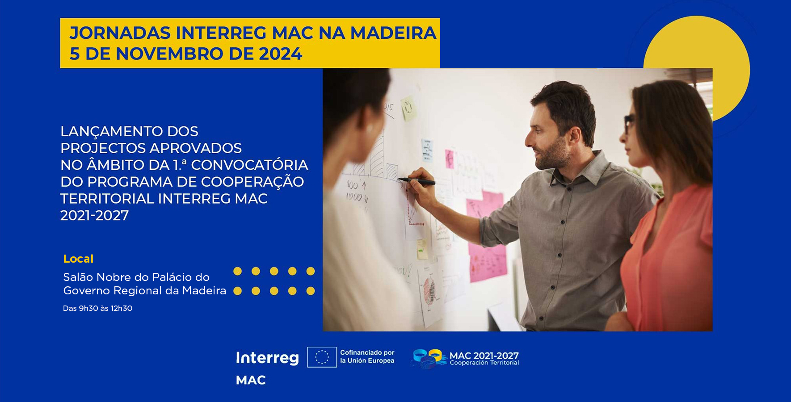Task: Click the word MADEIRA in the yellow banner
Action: point(393,33)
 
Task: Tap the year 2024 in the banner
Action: point(280,54)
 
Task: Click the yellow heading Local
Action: point(78,259)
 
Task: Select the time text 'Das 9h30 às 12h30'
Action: point(97,308)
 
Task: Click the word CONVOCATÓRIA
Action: point(249,165)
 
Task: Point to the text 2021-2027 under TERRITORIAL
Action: point(94,216)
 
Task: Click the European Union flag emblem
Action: point(322,357)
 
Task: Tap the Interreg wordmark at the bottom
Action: point(267,358)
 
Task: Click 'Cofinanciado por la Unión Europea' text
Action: point(367,356)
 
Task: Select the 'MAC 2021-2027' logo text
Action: point(484,356)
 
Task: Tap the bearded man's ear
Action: point(574,136)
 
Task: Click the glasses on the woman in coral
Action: point(628,122)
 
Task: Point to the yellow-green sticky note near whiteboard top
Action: point(408,108)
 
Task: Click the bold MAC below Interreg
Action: point(251,380)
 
